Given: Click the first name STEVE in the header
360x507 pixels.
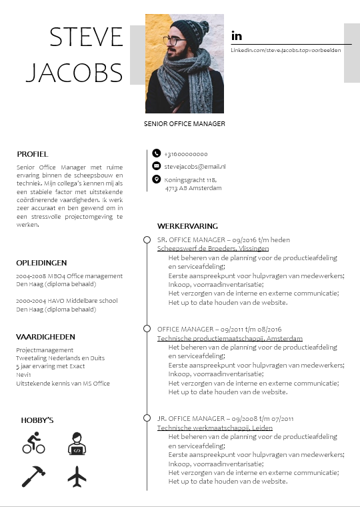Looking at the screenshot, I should click(87, 37).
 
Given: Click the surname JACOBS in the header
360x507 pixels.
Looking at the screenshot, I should click(74, 72).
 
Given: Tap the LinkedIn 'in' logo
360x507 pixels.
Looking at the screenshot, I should click(236, 35).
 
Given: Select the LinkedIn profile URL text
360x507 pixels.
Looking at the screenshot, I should click(286, 51).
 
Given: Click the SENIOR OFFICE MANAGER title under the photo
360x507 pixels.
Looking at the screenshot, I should click(185, 124).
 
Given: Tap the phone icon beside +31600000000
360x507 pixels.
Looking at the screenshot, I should click(156, 153).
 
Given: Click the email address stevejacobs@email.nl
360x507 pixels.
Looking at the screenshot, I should click(195, 166).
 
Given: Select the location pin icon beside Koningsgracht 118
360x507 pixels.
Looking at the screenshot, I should click(156, 179).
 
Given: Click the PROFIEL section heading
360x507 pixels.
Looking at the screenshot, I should click(33, 154).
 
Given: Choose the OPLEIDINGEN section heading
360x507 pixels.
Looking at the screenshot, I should click(41, 263).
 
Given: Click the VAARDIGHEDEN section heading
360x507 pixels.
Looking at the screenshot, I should click(45, 337).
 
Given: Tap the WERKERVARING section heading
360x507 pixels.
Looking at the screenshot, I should click(187, 226).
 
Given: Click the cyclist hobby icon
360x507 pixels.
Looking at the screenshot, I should click(33, 442).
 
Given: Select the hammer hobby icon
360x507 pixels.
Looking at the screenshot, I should click(33, 476).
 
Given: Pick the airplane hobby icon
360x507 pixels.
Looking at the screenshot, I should click(77, 476).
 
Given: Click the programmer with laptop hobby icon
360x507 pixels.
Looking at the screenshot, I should click(77, 443).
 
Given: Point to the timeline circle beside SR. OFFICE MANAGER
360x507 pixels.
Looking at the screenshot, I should click(147, 239).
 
